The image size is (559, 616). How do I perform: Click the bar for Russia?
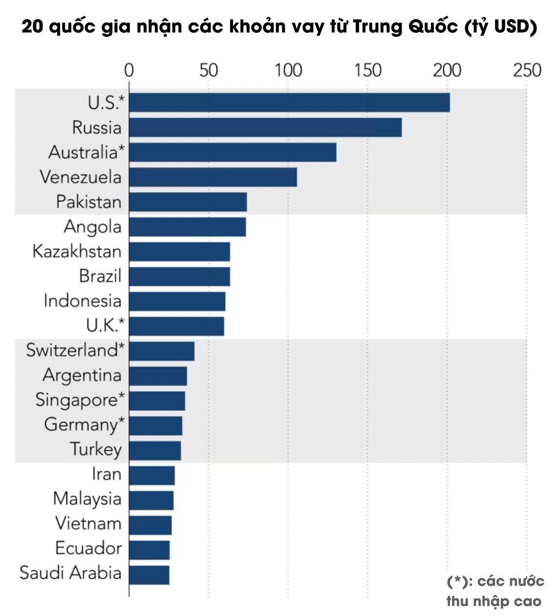pos(265,128)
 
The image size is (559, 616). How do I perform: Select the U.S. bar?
pos(289,103)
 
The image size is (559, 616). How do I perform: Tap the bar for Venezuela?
pos(213,177)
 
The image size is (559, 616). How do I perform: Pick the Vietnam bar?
pos(150,525)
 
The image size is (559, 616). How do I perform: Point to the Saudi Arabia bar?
pos(150,575)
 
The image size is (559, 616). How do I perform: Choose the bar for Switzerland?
pos(162,351)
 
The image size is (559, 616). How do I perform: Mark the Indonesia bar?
pos(177,301)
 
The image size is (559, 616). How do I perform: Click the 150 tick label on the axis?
pos(367,71)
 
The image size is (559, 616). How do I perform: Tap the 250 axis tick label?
pos(527,71)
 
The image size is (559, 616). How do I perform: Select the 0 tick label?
pos(129,71)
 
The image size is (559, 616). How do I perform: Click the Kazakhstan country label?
pos(77,251)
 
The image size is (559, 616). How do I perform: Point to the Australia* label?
pos(86,152)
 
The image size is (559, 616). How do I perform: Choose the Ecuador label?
pos(88,548)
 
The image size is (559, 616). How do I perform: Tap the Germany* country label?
pos(84,424)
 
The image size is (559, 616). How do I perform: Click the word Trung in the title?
pos(378,26)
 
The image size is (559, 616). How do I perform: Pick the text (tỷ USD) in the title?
pos(501,26)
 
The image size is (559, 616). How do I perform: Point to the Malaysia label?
pos(87,499)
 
